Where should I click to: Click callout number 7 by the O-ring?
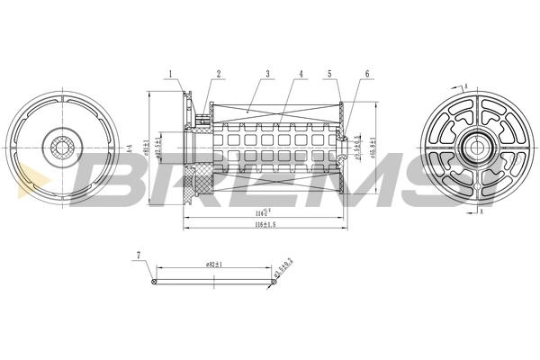138,256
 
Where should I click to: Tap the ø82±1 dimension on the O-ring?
214,265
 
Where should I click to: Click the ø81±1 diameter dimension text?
149,144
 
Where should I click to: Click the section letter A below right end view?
481,212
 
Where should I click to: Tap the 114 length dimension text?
262,211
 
